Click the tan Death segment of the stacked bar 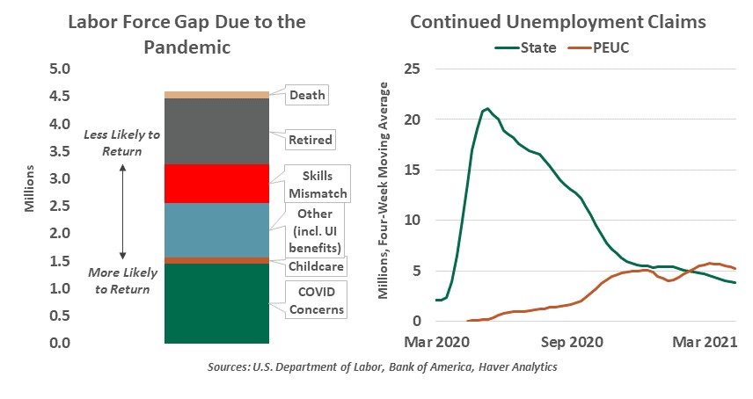217,95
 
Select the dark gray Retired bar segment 217,132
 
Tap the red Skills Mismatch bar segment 217,184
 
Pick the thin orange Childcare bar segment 217,260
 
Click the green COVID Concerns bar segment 217,303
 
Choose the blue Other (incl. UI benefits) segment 217,230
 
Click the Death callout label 307,95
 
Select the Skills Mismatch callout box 318,185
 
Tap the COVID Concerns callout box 318,299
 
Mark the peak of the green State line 486,109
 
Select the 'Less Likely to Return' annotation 123,143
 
